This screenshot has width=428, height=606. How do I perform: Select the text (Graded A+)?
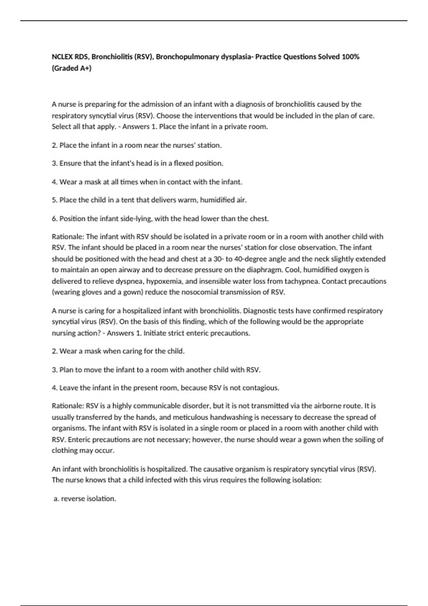pos(72,68)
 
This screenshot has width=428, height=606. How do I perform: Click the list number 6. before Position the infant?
pos(55,219)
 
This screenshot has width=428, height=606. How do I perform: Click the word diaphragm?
pos(264,270)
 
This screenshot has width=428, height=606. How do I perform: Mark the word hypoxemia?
pos(165,281)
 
